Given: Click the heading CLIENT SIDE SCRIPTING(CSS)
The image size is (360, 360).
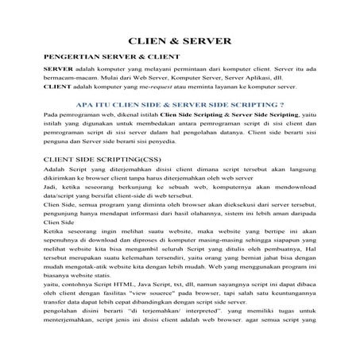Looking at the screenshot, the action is [x=101, y=159].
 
